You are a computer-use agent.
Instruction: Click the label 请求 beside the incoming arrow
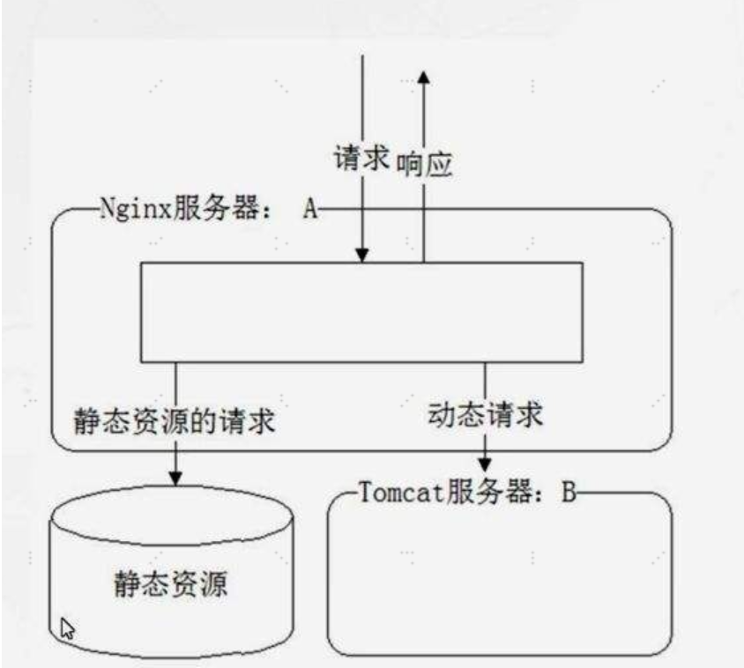coord(361,157)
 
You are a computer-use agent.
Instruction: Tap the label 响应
coord(424,165)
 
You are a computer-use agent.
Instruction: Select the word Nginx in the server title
coord(135,209)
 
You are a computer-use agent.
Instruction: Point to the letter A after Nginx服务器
coord(310,208)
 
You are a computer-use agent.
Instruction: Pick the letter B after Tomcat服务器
coord(569,492)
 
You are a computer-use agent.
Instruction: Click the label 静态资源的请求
coord(175,421)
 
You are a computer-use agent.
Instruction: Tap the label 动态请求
coord(486,414)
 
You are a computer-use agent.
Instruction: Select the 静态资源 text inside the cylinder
coord(171,583)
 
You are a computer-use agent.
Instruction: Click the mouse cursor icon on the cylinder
coord(67,628)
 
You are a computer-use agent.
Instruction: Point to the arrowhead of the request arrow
coord(362,256)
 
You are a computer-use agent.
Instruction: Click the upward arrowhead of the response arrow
coord(424,78)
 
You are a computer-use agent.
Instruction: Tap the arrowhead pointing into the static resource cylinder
coord(175,479)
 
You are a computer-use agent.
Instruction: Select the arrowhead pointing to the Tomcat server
coord(485,465)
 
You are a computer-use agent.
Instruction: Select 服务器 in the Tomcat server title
coord(489,492)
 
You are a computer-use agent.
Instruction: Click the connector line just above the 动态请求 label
coord(485,382)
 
